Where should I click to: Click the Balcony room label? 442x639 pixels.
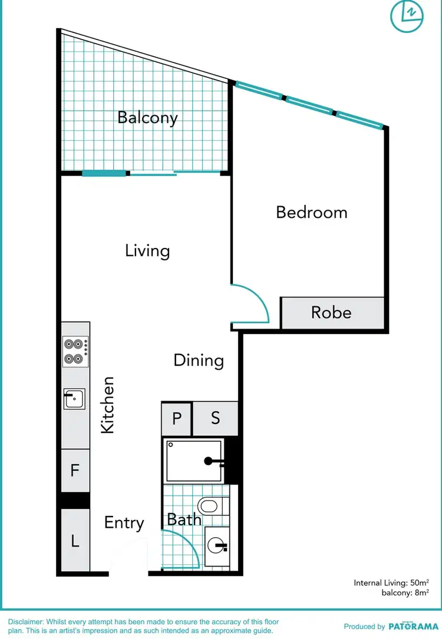pos(147,117)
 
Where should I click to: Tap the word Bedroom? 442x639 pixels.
pos(312,212)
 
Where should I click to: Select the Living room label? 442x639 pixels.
pos(147,251)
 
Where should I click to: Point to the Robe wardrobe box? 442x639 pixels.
pos(332,313)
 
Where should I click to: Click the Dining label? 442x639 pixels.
pos(199,360)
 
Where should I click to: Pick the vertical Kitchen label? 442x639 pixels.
pos(107,405)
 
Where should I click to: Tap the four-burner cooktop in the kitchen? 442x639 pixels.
pos(75,351)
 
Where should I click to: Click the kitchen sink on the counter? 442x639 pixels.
pos(74,399)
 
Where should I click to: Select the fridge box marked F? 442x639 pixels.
pos(75,471)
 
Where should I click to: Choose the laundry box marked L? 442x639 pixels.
pos(75,540)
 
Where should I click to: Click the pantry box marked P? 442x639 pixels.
pos(176,418)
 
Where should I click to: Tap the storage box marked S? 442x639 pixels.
pos(215,418)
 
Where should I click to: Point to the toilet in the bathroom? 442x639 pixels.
pos(209,505)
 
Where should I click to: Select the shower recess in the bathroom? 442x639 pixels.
pos(194,461)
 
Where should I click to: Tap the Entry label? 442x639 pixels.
pos(124,523)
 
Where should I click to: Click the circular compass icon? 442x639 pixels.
pos(407,15)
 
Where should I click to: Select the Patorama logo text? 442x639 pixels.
pos(413,627)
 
